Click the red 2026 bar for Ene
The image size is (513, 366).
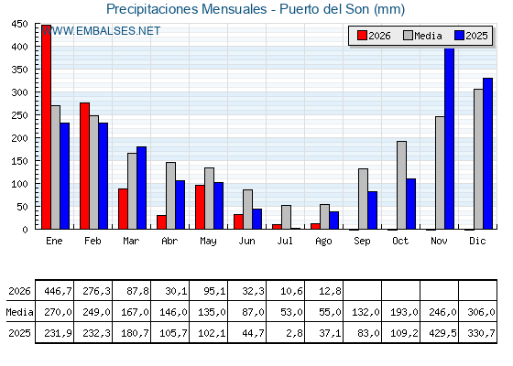tap(46, 127)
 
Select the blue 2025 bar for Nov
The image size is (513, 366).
tap(450, 138)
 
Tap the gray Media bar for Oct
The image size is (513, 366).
tap(402, 185)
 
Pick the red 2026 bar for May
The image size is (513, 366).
tap(200, 207)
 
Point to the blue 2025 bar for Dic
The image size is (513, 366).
tap(487, 154)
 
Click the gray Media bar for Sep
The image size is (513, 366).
tap(363, 199)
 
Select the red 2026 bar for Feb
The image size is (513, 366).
tap(84, 166)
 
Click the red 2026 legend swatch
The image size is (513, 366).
tap(362, 36)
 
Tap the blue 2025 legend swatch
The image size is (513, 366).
tap(459, 36)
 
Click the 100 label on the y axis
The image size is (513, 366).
tap(19, 184)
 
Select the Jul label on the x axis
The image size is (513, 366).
tap(285, 241)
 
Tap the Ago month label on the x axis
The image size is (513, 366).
tap(323, 242)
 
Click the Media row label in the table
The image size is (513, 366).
tap(19, 312)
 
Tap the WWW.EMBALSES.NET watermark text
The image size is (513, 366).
tap(101, 31)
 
